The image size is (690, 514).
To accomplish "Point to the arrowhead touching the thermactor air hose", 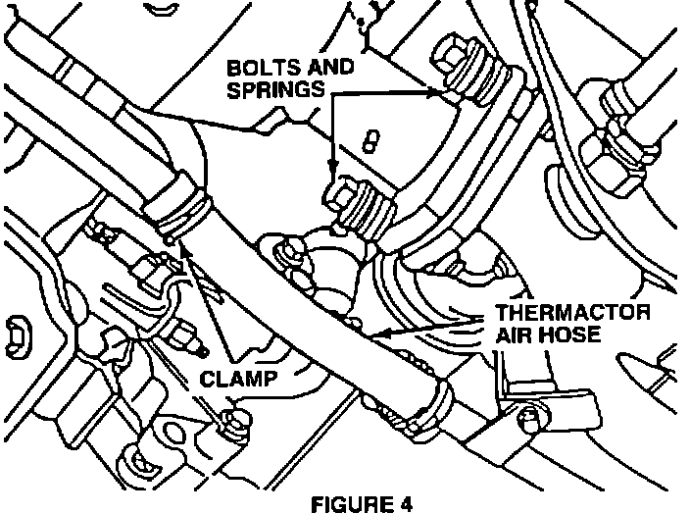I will tap(380, 334).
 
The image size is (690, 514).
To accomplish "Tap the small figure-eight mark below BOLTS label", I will tap(370, 138).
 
